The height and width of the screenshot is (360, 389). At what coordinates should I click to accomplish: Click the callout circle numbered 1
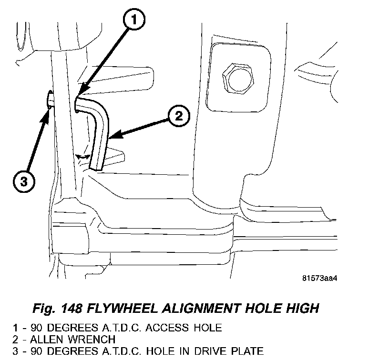[134, 20]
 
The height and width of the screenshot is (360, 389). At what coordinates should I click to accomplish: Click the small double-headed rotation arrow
[84, 156]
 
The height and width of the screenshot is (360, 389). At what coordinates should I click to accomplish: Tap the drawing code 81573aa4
[322, 278]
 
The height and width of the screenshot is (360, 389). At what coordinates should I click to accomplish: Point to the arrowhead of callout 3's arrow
[48, 110]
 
